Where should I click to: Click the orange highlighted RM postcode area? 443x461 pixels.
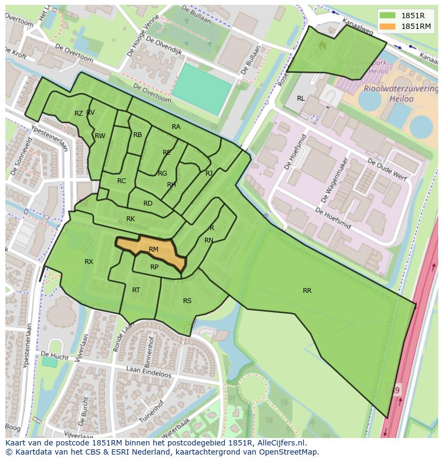[x=152, y=250]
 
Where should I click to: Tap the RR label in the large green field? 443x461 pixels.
[x=307, y=291]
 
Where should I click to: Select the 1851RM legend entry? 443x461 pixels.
[x=416, y=26]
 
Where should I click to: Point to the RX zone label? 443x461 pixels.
[x=89, y=262]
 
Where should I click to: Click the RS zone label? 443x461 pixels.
[x=187, y=301]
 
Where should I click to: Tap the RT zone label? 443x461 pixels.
[x=136, y=290]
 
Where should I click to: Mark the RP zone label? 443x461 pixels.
[x=154, y=267]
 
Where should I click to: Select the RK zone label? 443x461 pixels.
[x=131, y=219]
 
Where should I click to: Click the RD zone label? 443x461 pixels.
[x=148, y=203]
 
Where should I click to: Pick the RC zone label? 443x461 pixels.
[x=121, y=181]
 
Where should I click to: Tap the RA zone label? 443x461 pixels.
[x=176, y=127]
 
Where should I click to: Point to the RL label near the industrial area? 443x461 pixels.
[x=301, y=99]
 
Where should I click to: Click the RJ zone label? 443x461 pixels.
[x=209, y=173]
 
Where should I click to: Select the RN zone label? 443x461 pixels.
[x=209, y=240]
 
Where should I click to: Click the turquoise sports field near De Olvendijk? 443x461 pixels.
[x=202, y=89]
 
